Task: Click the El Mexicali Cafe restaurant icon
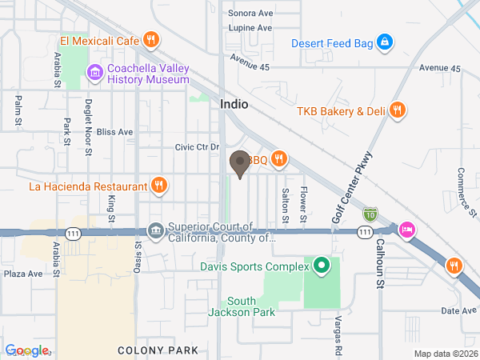click(x=150, y=39)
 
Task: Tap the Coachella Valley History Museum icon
click(x=95, y=74)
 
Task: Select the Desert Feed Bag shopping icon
click(x=384, y=43)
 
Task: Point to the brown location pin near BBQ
click(x=239, y=164)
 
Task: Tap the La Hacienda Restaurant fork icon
click(x=159, y=186)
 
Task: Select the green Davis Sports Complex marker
click(x=321, y=265)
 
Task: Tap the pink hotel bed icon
click(x=406, y=230)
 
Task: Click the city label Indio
click(x=234, y=105)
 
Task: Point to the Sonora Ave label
click(x=250, y=13)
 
